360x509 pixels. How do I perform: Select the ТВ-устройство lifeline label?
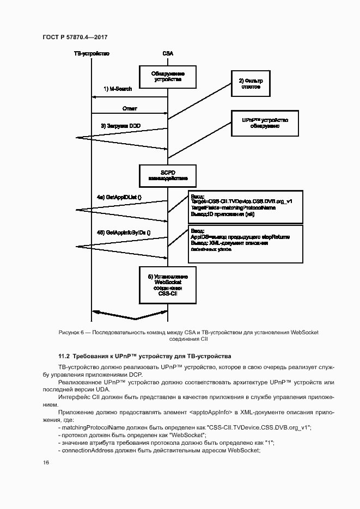91,53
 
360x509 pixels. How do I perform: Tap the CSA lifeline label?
168,53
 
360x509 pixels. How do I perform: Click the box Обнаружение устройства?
167,76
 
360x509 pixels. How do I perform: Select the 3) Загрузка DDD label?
120,126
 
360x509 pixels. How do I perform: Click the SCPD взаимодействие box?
167,175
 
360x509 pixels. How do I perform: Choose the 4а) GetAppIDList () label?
119,196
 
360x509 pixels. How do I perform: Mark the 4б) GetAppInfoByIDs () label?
124,232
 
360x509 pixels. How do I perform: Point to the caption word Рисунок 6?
70,332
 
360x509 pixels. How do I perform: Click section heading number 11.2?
64,356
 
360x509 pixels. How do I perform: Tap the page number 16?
46,462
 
